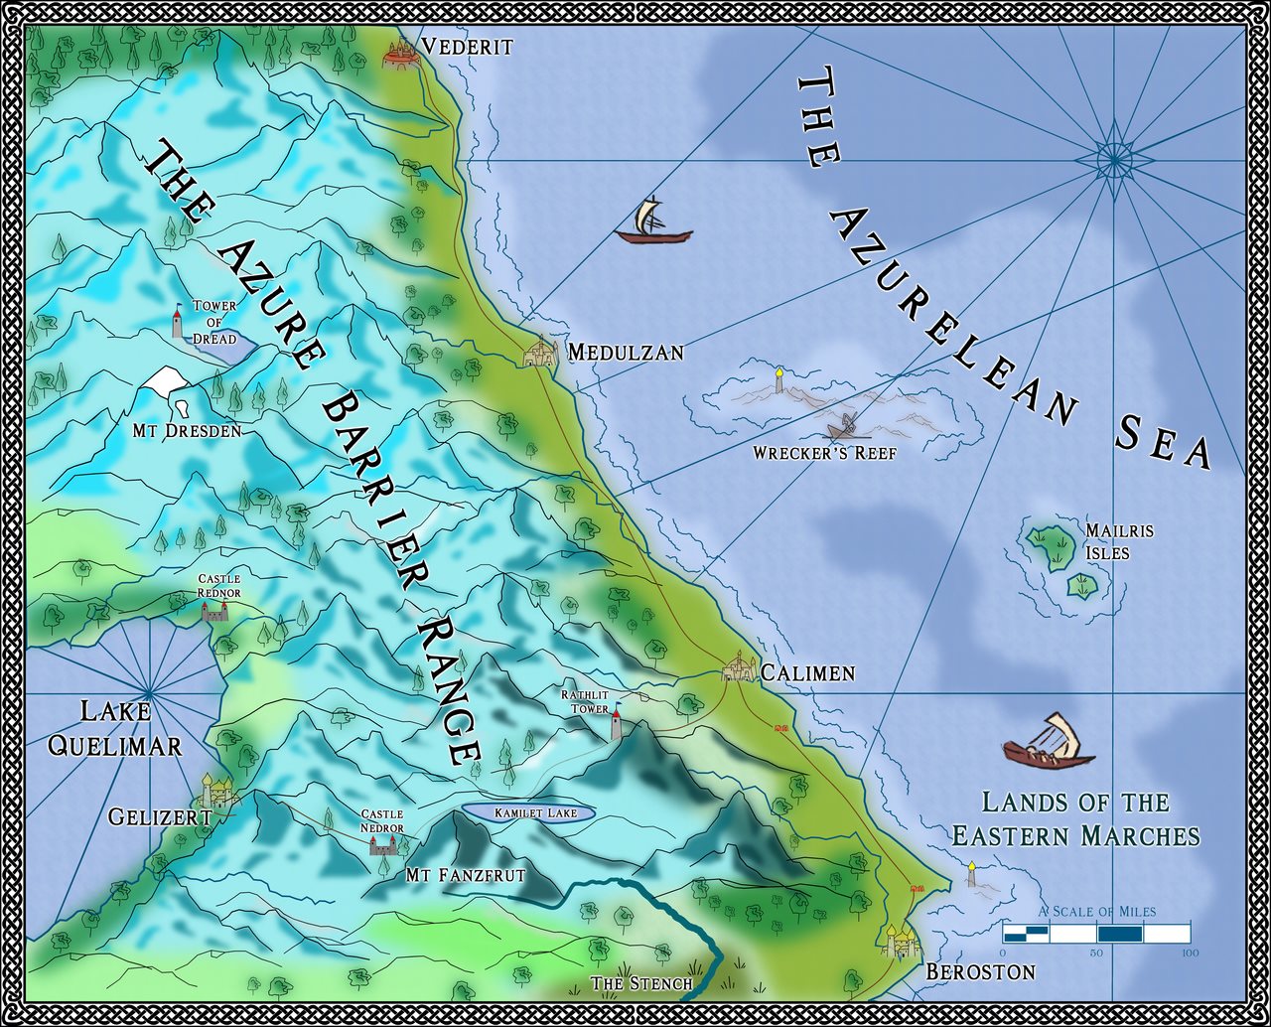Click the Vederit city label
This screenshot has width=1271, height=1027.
pyautogui.click(x=467, y=47)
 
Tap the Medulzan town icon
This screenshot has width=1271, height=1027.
pyautogui.click(x=539, y=352)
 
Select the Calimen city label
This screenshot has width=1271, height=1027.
pyautogui.click(x=807, y=673)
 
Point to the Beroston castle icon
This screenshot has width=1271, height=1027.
pyautogui.click(x=899, y=939)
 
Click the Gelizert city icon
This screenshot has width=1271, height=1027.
pyautogui.click(x=217, y=791)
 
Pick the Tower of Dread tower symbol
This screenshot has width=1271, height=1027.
pyautogui.click(x=178, y=322)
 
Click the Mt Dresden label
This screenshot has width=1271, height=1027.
pyautogui.click(x=187, y=432)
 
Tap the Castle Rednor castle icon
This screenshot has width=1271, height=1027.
pyautogui.click(x=214, y=610)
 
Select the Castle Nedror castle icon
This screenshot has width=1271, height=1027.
pyautogui.click(x=382, y=844)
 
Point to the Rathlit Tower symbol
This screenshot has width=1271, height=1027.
pyautogui.click(x=617, y=723)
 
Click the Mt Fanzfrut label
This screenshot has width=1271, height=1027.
pyautogui.click(x=465, y=875)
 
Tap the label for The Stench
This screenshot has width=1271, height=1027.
pyautogui.click(x=640, y=983)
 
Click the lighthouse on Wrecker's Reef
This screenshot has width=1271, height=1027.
pyautogui.click(x=780, y=380)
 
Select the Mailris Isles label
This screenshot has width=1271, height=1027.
pyautogui.click(x=1119, y=541)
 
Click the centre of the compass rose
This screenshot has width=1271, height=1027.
pyautogui.click(x=1114, y=156)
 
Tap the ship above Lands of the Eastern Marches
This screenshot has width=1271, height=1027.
pyautogui.click(x=1047, y=742)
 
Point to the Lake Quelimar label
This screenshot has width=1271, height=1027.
pyautogui.click(x=115, y=728)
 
